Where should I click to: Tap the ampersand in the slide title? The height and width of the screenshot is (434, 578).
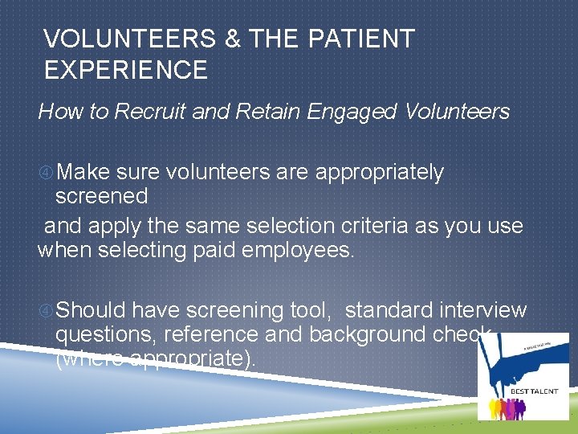[234, 39]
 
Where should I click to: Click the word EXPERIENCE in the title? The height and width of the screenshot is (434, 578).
[126, 70]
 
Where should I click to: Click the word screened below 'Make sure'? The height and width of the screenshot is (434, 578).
[101, 196]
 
